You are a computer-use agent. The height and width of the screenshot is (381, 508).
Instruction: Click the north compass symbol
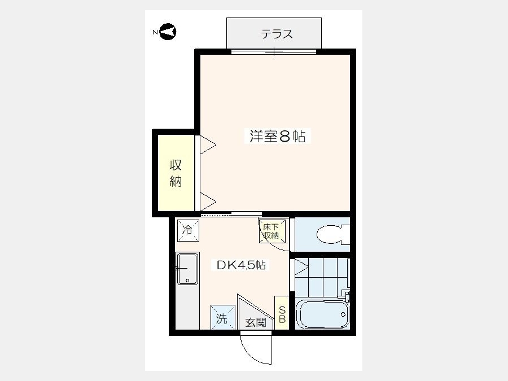coord(168,32)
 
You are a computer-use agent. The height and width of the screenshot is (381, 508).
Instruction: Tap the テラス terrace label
coord(277,34)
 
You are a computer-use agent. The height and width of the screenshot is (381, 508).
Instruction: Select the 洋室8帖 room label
coord(277,136)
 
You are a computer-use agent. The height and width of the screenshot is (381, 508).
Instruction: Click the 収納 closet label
coord(176,173)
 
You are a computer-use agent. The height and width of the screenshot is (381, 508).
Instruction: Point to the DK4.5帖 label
coord(241,265)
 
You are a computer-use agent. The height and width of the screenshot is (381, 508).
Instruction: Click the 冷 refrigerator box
coord(188,231)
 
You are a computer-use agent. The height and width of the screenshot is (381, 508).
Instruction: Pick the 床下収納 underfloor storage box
coord(272,231)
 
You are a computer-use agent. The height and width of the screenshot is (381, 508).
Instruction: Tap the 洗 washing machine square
coord(223,317)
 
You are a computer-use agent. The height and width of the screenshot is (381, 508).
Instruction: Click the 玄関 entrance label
coord(256,322)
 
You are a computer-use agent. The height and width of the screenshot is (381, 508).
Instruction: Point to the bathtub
coord(323,314)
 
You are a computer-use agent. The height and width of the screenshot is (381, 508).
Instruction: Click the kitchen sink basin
coord(187,269)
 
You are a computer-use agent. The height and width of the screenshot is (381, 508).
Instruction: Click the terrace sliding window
coord(274,51)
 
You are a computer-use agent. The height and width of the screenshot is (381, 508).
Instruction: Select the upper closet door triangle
coord(208,145)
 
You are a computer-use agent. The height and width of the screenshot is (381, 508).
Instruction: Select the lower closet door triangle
coord(208,202)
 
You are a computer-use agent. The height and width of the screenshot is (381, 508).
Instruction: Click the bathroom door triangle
coord(301,267)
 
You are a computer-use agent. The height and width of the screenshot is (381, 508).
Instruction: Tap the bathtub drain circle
coord(343,314)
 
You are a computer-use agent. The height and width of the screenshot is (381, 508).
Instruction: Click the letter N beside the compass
coord(155,32)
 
